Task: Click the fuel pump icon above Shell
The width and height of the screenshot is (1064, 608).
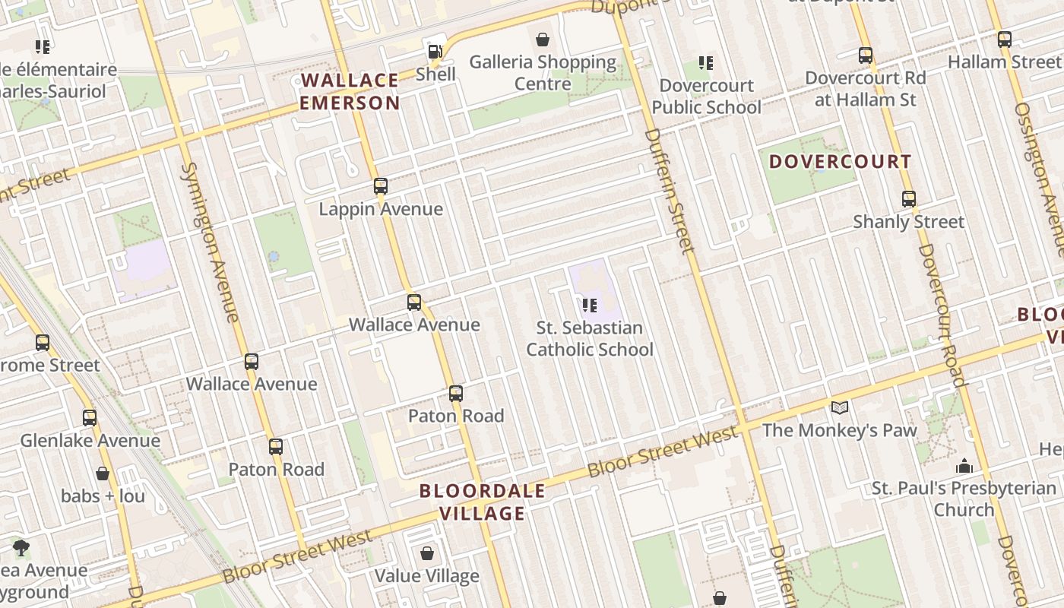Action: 435,52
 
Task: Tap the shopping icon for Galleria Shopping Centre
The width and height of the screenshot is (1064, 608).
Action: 543,40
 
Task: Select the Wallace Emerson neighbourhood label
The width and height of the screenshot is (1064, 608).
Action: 350,91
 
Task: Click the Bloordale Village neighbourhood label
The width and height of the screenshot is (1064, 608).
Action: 483,502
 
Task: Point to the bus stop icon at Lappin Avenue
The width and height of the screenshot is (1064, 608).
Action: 381,186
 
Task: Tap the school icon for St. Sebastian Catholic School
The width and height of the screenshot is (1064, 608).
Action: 589,306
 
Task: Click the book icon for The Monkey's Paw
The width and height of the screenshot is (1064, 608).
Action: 839,408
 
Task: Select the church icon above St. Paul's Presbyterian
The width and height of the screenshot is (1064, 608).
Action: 964,465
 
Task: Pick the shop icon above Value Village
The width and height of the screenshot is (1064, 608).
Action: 427,553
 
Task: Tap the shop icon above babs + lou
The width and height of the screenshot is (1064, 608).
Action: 103,473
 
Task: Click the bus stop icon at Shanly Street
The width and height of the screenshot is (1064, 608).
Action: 909,199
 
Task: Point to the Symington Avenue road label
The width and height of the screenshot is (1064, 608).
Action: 209,242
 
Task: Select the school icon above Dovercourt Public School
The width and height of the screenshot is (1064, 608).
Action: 706,63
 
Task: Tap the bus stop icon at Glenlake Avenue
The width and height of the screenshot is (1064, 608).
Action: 90,417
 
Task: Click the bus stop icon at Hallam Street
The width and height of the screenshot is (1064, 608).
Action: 1005,40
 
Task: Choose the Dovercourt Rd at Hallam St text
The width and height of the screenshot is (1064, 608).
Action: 866,88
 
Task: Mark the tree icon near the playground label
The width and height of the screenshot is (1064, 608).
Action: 21,547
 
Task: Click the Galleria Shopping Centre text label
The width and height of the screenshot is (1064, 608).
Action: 543,72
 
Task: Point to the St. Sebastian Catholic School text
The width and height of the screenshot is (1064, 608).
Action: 590,339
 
